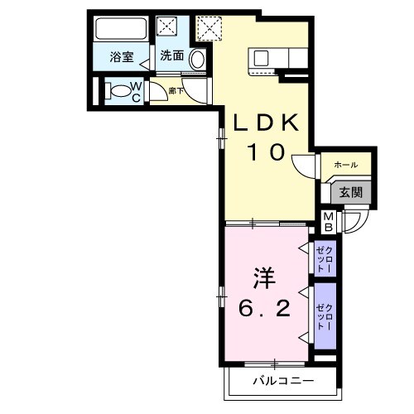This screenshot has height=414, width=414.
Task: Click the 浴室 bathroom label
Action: [x=123, y=57]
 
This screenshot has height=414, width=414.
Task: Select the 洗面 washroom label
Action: [x=171, y=57]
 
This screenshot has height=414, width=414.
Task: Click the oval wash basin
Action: [x=198, y=59]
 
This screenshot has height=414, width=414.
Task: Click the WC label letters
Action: [x=138, y=90]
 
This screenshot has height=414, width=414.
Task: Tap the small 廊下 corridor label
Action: [x=175, y=90]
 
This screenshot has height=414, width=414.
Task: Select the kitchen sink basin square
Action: [x=261, y=59]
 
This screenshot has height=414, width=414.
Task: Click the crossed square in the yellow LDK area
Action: [x=210, y=28]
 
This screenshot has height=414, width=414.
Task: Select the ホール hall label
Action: [x=345, y=166]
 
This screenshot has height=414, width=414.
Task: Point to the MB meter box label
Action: [x=329, y=221]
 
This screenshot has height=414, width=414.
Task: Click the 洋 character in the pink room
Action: [x=262, y=276]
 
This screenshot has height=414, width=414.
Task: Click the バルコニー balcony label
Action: [x=282, y=382]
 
